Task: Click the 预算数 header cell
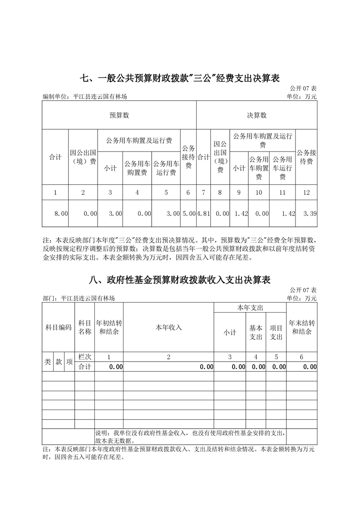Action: (x=119, y=115)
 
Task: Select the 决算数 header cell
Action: (x=256, y=115)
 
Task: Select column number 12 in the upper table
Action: (x=306, y=192)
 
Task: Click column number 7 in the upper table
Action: (x=203, y=192)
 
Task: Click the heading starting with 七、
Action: (x=180, y=78)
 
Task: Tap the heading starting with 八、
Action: (x=180, y=280)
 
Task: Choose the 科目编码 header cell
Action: (x=59, y=327)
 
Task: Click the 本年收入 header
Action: (x=168, y=327)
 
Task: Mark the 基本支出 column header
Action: (x=256, y=332)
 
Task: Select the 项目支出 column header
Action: (x=276, y=332)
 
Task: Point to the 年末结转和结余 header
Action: (x=302, y=327)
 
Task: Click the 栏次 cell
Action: (x=85, y=357)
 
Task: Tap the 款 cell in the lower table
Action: (x=59, y=362)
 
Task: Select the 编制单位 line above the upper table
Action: (x=88, y=97)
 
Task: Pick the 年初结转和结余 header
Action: (x=109, y=327)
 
